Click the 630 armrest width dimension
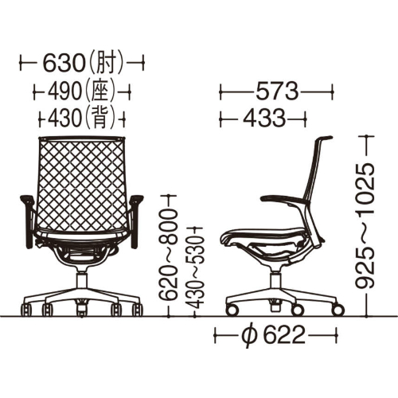(64, 64)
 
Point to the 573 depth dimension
(277, 92)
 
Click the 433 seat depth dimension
(264, 119)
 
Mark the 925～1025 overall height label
(365, 226)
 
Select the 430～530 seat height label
(195, 272)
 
